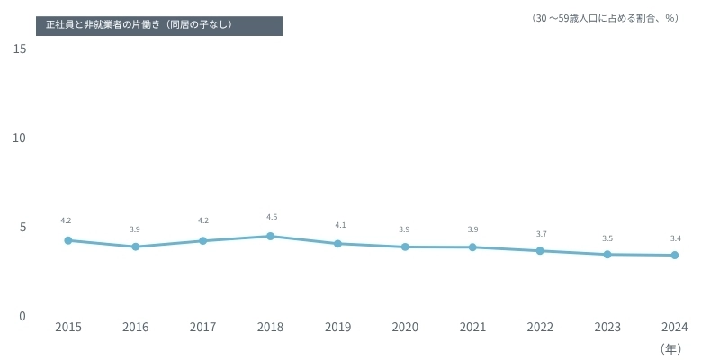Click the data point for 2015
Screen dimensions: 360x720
tap(67, 240)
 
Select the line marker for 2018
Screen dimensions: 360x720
tap(270, 236)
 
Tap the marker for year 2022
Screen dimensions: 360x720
tap(540, 250)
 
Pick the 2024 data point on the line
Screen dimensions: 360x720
tap(675, 255)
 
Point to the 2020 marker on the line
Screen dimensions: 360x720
tap(405, 247)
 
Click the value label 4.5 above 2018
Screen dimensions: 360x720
tap(272, 217)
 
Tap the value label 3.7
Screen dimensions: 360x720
tap(541, 234)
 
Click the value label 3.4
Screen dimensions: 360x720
tap(676, 238)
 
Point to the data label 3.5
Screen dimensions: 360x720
tap(607, 238)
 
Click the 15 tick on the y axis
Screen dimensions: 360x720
tap(20, 49)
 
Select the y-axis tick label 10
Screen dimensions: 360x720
tap(20, 138)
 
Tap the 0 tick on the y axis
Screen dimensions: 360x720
tap(22, 316)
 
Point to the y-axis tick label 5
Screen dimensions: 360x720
tap(22, 227)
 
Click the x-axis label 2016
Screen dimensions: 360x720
tap(135, 327)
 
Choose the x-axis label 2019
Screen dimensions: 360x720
tap(337, 327)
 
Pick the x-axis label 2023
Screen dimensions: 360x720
tap(607, 327)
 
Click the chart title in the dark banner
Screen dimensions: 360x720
tap(139, 24)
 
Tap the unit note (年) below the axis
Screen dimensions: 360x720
tap(670, 347)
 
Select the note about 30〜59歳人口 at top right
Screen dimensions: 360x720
tap(604, 18)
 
